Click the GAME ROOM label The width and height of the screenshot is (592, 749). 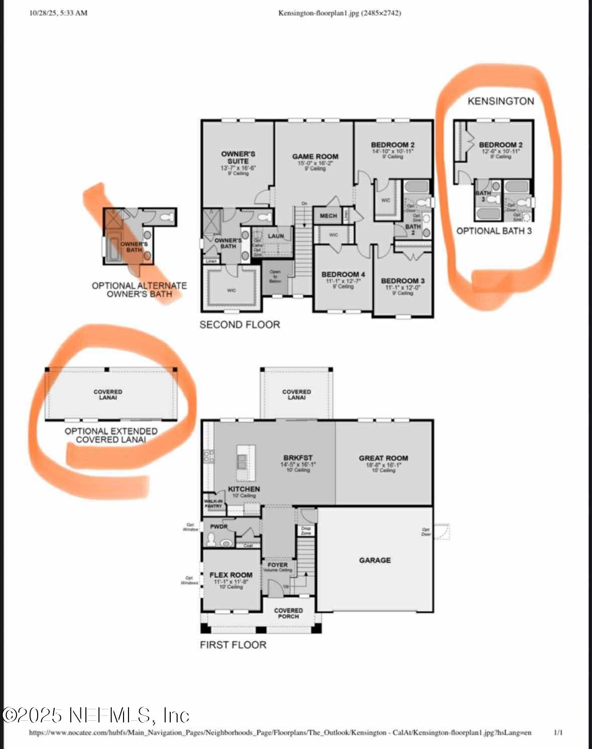(315, 157)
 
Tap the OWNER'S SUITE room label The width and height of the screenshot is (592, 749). (238, 157)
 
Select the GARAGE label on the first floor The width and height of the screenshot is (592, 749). (375, 560)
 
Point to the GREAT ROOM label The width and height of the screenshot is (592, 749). (383, 458)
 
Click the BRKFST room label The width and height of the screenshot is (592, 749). (298, 458)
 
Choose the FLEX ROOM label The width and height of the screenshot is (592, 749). (231, 575)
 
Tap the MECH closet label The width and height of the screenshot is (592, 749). (328, 216)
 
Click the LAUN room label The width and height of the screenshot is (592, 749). (276, 236)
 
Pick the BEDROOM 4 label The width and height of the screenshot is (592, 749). (343, 274)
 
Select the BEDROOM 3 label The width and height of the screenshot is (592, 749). (403, 281)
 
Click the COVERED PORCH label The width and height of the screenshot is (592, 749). (288, 613)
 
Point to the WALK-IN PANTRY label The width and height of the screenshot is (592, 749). (213, 503)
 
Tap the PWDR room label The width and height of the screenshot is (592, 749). (219, 526)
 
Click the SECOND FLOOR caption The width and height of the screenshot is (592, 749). (240, 325)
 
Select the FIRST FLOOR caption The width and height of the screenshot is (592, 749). (233, 645)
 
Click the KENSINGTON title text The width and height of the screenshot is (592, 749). (501, 101)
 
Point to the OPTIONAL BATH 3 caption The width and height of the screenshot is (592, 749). (494, 231)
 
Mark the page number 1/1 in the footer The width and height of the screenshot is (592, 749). (558, 732)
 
